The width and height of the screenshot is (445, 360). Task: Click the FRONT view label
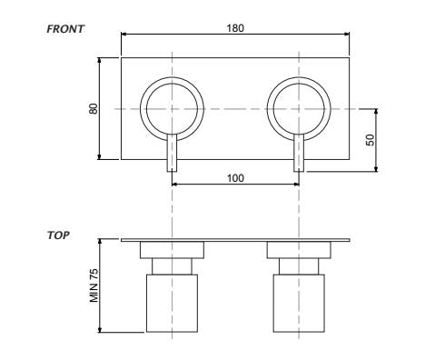(65, 29)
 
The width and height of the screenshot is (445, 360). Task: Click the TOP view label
(58, 235)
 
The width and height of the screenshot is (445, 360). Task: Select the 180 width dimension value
(235, 28)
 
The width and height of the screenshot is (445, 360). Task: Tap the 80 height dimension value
(94, 109)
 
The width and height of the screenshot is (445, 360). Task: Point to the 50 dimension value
(370, 140)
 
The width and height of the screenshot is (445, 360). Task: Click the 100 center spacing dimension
(235, 178)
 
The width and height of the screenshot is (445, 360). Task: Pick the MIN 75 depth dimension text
(94, 285)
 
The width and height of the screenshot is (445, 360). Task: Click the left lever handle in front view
(172, 153)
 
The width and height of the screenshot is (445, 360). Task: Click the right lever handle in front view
(299, 153)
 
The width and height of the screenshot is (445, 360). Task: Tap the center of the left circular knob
(172, 109)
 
